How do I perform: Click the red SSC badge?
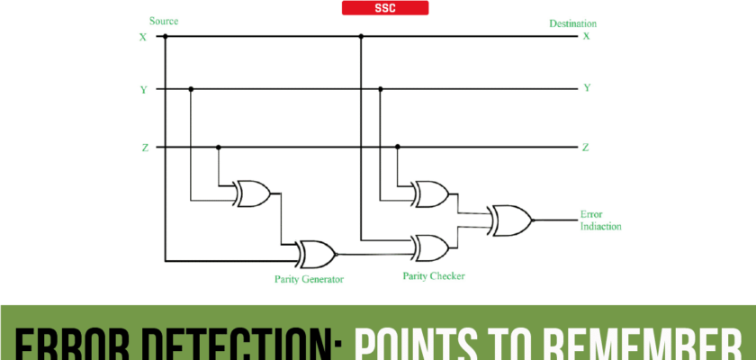tap(385, 8)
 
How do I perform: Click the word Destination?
tap(572, 23)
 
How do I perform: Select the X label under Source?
tap(142, 37)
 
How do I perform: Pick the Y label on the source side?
tap(143, 89)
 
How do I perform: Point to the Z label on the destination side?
tap(586, 147)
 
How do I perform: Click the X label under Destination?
tap(586, 37)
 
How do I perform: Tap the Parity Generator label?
tap(309, 279)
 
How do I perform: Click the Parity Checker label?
tap(433, 275)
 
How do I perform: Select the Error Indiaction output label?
tap(601, 220)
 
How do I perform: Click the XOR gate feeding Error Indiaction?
tap(508, 218)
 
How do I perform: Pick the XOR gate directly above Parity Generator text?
tap(316, 253)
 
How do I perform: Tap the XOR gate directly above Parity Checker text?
tap(430, 246)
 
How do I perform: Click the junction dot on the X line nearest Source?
tap(166, 37)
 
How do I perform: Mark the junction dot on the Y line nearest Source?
tap(191, 89)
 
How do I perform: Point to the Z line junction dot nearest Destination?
tap(398, 147)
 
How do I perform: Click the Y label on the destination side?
tap(587, 89)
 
